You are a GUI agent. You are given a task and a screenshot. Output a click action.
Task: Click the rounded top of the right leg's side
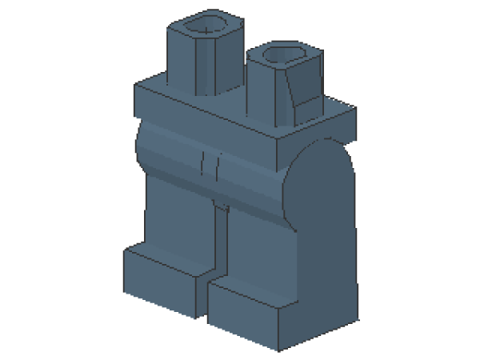[x=320, y=160]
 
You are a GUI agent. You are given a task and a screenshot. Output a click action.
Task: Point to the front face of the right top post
[x=268, y=92]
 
